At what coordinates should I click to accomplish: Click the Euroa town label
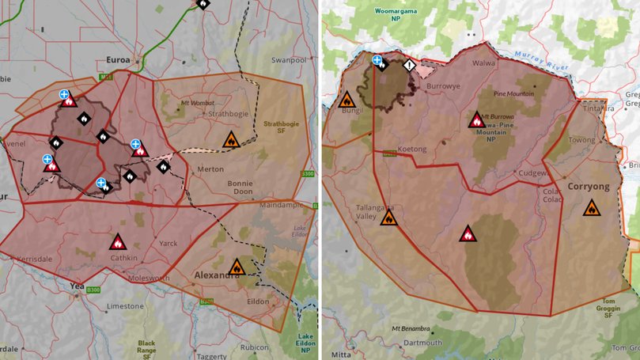pos(123,59)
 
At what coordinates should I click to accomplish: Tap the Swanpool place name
pos(289,59)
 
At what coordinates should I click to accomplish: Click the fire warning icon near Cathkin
pos(118,241)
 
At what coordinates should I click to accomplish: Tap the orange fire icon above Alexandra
pos(237,267)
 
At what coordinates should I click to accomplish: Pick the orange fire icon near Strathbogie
pos(230,139)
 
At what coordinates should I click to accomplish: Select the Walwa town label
pos(483,63)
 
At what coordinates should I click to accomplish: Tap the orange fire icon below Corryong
pos(591,208)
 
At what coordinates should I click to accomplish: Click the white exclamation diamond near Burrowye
pos(409,66)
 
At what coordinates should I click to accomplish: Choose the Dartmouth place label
pos(422,343)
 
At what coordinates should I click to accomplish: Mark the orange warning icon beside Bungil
pos(346,100)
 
